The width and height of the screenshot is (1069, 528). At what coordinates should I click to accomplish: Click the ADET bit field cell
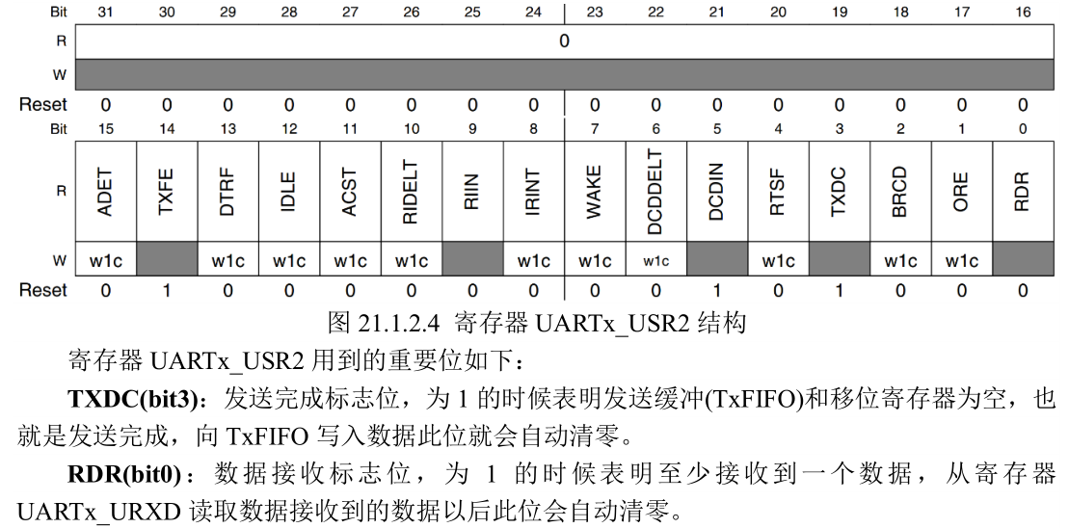(106, 192)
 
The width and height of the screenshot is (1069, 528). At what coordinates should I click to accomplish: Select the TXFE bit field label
(167, 192)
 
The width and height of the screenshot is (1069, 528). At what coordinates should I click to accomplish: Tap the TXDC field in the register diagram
(839, 192)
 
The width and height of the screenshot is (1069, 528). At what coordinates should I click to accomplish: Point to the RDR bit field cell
(1022, 192)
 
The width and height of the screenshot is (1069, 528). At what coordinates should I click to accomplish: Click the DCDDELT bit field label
(655, 192)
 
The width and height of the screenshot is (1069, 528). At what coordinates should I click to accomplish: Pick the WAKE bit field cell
(595, 192)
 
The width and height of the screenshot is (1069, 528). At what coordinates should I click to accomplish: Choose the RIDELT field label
(412, 192)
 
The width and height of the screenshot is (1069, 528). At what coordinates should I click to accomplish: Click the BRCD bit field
(900, 192)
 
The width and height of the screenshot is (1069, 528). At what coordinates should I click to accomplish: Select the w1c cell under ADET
(106, 261)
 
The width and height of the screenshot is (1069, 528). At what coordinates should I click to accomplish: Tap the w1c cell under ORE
(961, 261)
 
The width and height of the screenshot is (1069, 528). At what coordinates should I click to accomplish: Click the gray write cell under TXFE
(167, 261)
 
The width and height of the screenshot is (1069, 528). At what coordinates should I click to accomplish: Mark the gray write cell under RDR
(1022, 261)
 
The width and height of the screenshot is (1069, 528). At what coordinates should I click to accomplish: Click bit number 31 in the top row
(106, 13)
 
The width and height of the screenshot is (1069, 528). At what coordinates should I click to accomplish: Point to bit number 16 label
(1022, 13)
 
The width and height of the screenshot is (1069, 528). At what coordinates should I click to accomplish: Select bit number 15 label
(106, 129)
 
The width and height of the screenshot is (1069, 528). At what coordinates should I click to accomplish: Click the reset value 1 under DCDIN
(717, 290)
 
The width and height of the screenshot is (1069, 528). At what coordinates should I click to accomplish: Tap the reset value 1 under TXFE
(167, 290)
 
